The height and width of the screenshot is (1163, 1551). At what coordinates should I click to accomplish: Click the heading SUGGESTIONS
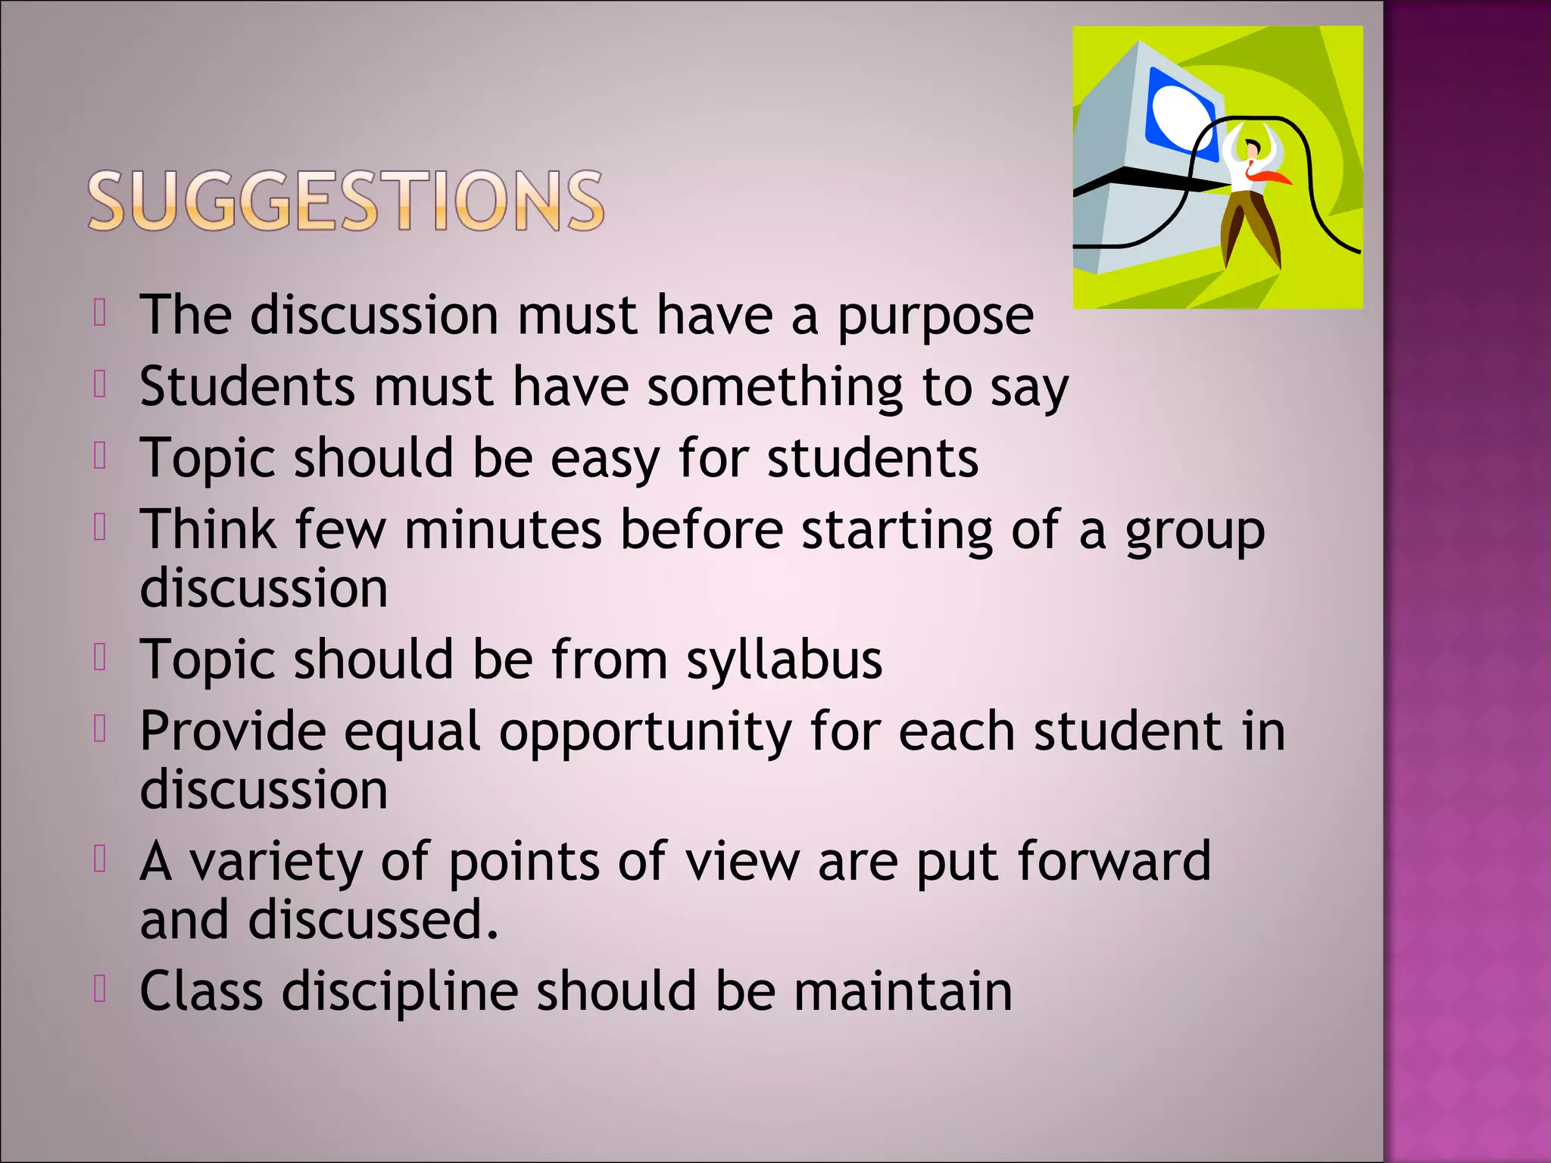346,201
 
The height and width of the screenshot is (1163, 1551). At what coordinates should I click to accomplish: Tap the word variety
276,863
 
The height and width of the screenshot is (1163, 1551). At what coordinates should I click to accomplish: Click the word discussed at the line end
373,920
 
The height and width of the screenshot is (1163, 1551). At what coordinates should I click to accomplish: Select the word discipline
400,991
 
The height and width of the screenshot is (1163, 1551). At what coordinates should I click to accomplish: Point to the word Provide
232,731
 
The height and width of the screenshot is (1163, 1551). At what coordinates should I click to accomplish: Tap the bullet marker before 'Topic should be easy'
100,456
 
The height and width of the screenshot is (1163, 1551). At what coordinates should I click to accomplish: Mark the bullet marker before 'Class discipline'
100,988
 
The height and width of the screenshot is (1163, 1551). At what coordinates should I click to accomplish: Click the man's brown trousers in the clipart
1250,223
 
